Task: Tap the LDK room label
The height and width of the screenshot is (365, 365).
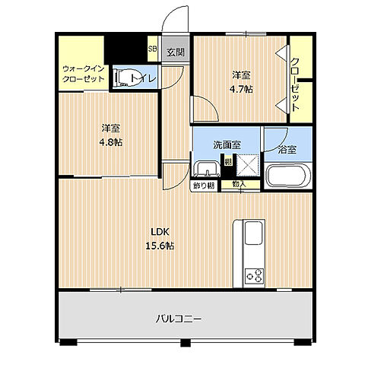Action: coord(159,233)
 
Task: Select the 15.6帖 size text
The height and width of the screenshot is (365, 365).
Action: coord(160,246)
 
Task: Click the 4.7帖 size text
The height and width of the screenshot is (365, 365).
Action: coord(242,88)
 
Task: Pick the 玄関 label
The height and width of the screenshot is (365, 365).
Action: coord(176,52)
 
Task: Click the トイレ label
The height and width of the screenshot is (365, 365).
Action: coord(143,77)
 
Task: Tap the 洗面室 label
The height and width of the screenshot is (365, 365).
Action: coord(227,144)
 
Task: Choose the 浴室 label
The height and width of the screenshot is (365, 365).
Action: coord(287,150)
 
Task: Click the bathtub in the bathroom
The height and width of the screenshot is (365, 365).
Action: coord(287,178)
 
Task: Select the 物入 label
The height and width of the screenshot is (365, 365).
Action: coord(239,184)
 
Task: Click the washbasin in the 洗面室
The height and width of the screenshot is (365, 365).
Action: coord(205,168)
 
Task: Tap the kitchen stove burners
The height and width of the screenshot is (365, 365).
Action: coord(252,275)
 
